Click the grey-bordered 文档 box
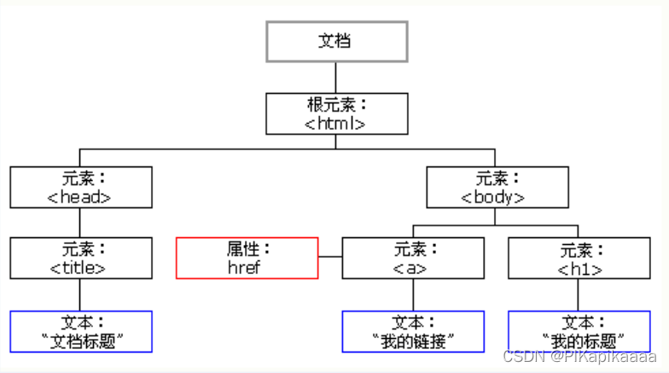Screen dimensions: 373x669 336,41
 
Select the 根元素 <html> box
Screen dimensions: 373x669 336,114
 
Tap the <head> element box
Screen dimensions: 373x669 82,188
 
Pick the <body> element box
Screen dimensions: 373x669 496,188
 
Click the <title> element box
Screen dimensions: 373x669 82,258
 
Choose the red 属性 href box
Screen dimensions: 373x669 247,258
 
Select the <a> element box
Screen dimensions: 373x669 413,258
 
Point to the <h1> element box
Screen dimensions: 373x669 579,258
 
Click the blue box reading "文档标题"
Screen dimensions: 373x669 82,331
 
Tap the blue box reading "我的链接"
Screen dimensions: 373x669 413,331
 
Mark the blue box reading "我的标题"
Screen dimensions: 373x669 579,331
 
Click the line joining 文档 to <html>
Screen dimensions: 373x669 336,78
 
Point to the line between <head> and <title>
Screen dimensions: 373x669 80,223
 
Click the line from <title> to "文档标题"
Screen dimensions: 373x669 80,294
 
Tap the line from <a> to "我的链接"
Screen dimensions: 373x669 413,294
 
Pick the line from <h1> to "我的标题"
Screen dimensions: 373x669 579,294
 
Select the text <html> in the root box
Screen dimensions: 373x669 335,123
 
